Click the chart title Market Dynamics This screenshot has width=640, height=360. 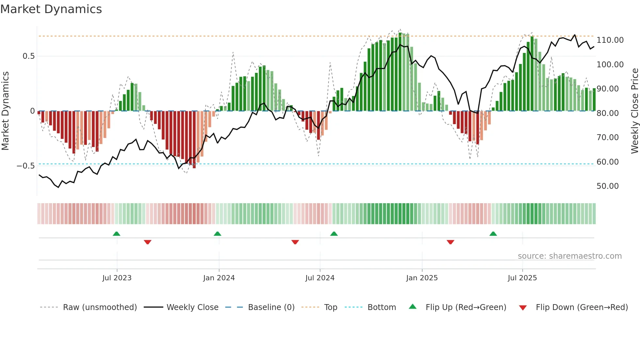51,9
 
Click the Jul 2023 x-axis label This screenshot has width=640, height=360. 117,278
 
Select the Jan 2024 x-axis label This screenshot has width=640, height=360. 219,278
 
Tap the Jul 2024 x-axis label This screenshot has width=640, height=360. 320,278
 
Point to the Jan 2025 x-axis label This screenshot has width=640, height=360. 422,278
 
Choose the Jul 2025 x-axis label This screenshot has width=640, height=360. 522,278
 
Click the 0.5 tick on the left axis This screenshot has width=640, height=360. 29,56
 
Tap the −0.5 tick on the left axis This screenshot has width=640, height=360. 26,166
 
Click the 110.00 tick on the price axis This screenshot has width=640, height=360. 610,40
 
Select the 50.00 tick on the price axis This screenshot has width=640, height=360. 607,186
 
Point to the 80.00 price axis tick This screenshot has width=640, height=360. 607,113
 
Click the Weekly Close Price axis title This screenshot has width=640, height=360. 634,111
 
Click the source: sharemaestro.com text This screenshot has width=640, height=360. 569,256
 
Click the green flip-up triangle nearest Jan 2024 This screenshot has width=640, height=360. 217,234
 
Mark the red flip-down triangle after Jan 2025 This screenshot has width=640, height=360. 450,242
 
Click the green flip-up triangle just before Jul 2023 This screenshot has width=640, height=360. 117,234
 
